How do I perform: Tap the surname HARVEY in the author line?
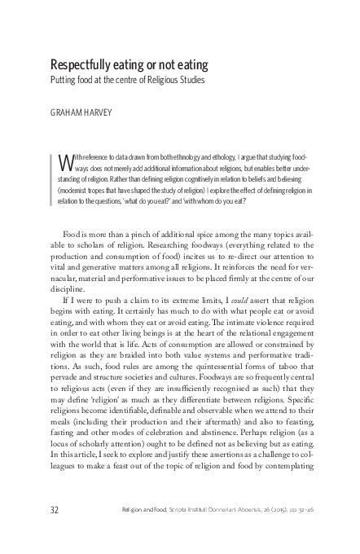pos(103,115)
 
